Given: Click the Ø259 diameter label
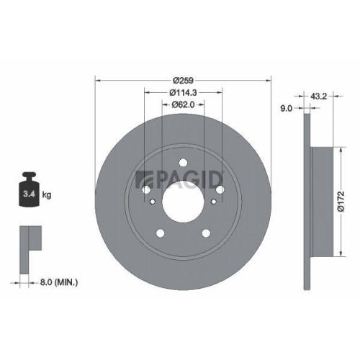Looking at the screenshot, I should click(184, 79).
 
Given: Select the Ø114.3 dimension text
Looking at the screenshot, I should click(184, 92).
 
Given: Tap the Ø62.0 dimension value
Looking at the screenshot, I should click(184, 105).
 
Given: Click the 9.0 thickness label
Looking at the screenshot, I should click(285, 109).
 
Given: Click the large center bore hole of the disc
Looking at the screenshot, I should click(183, 197).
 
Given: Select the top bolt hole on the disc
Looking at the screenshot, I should click(183, 161).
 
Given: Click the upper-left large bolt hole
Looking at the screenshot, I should click(147, 190).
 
